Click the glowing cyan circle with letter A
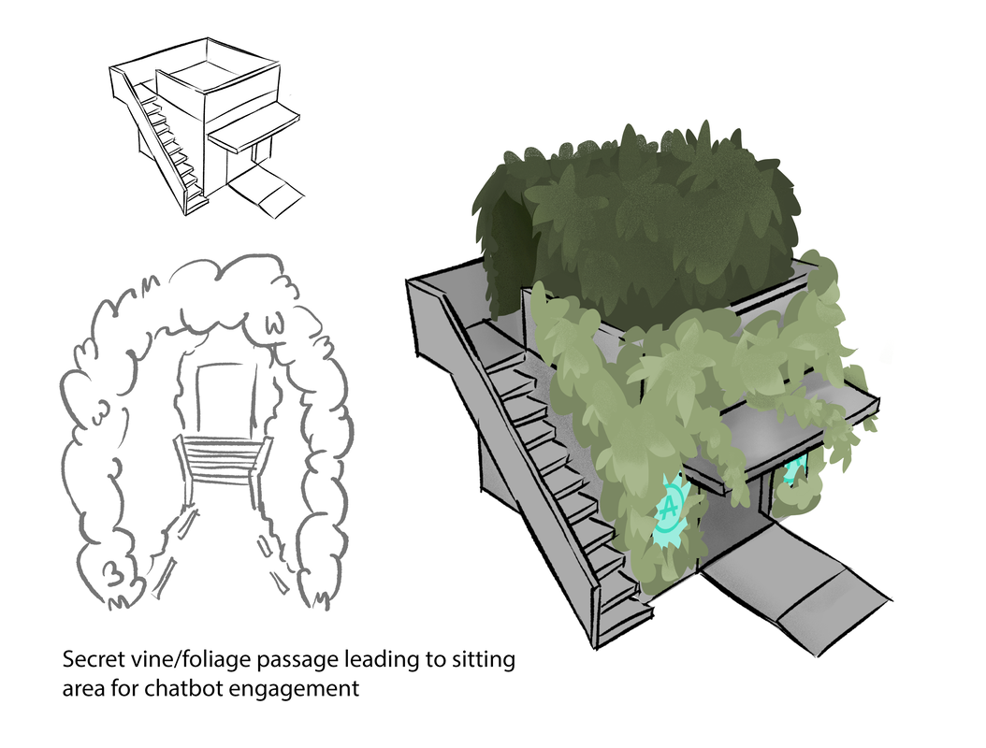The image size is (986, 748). [671, 510]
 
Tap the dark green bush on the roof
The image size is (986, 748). [645, 224]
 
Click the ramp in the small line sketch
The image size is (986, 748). [268, 191]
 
